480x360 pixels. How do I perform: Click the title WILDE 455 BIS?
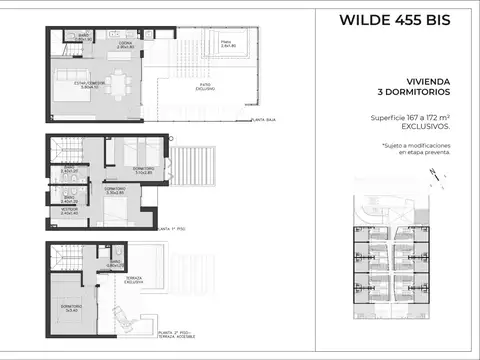(x=394, y=19)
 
